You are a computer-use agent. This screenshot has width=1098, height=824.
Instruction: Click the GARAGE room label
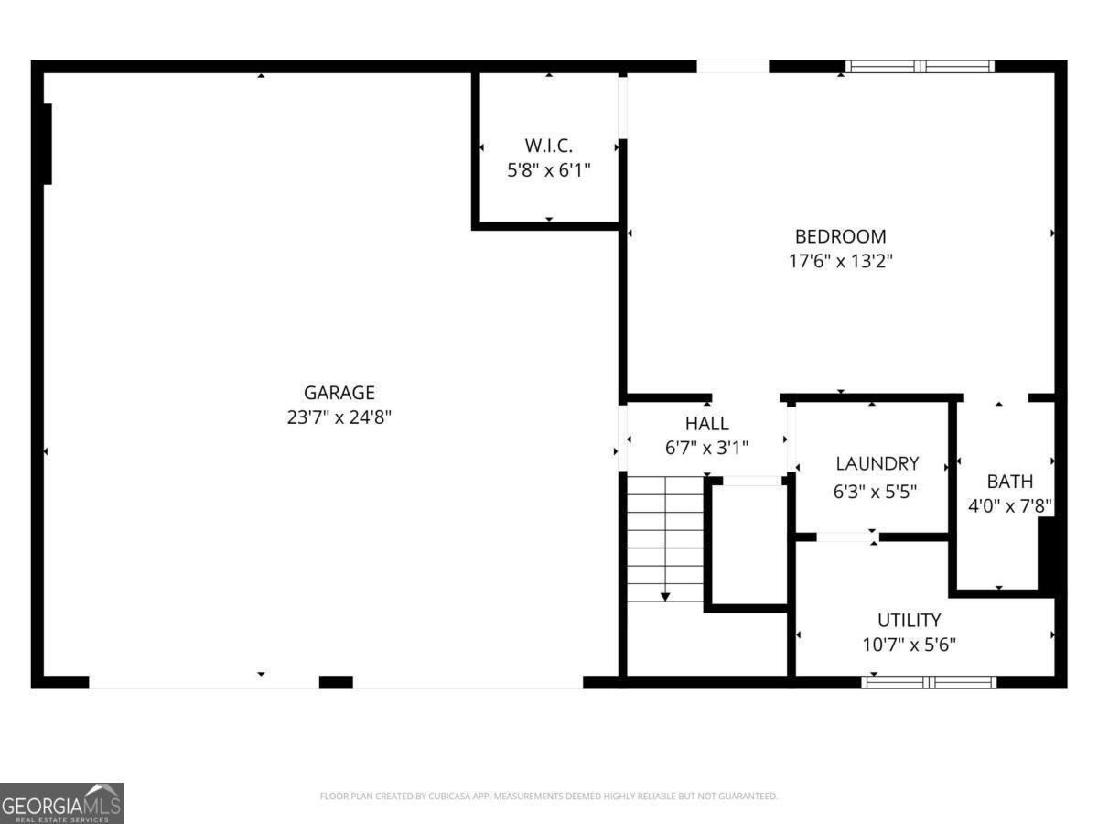339,393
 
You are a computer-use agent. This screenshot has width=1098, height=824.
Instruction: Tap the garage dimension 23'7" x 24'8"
339,417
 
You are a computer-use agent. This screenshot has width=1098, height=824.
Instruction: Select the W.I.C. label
549,146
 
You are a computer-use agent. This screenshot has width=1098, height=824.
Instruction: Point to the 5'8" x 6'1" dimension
549,169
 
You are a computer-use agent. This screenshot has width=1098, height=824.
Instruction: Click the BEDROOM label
840,236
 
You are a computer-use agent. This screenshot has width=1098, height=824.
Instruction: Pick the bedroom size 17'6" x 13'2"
840,261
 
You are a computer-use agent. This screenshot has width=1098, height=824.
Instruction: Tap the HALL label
707,424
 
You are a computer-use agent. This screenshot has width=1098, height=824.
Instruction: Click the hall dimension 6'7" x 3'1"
707,448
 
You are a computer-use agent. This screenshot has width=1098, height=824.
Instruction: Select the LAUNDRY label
876,464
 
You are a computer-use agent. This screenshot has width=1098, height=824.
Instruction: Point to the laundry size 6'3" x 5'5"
876,491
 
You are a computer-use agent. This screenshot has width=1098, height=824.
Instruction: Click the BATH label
1010,482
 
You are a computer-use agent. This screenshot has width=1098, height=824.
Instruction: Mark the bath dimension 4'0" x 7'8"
1010,505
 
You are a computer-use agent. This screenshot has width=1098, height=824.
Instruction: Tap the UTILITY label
910,620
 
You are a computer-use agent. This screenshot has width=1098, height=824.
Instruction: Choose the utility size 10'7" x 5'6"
910,645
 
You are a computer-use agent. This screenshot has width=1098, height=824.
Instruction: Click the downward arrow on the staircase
665,596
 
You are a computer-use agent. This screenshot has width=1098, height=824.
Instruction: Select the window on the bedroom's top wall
920,66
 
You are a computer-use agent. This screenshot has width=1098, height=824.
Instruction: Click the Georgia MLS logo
61,803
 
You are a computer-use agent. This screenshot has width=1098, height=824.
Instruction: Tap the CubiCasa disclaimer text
549,797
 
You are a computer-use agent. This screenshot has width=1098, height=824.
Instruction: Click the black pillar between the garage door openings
336,682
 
